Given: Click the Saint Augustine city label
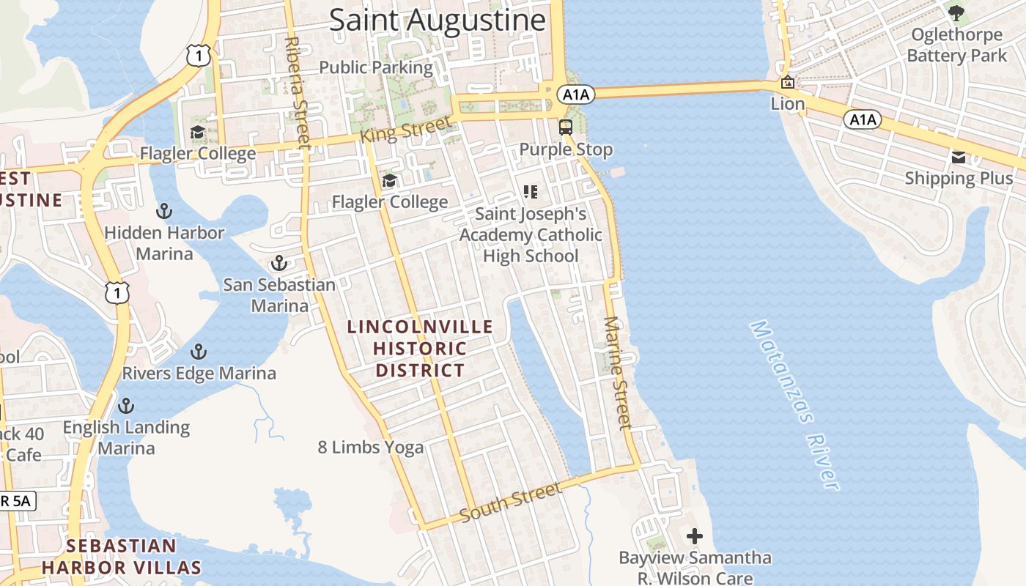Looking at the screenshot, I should point(438,20).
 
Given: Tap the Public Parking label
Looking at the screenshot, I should point(376,67).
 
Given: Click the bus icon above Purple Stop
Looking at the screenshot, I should point(566,127).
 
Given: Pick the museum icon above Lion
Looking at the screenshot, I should point(787,82).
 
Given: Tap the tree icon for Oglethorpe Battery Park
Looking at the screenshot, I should point(956,12).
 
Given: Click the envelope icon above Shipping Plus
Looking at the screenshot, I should point(959,157).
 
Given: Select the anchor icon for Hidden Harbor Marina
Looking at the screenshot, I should point(164,212).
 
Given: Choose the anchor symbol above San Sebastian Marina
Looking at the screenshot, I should point(278,263).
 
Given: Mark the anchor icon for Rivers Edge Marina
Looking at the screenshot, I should point(199,352).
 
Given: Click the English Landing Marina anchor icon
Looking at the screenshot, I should point(126,405).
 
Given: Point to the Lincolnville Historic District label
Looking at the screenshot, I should point(421,349).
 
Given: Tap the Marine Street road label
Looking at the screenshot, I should point(617,373).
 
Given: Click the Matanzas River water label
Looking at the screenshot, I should point(794,405).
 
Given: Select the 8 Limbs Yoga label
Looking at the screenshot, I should point(371,447).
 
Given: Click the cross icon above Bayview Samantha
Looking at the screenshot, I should point(695,537).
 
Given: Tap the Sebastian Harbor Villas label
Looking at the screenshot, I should point(122,557).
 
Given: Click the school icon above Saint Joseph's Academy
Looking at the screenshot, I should point(531,192).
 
